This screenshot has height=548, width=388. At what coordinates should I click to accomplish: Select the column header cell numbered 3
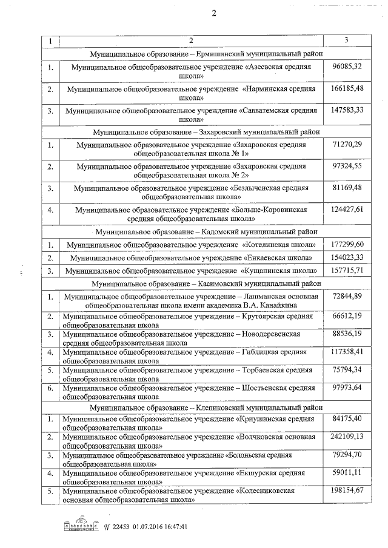pos(346,40)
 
